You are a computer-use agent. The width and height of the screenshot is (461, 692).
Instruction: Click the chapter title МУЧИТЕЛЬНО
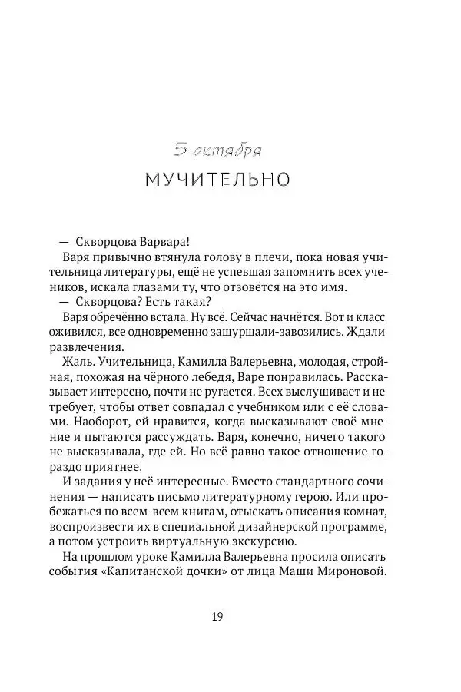tap(217, 180)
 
